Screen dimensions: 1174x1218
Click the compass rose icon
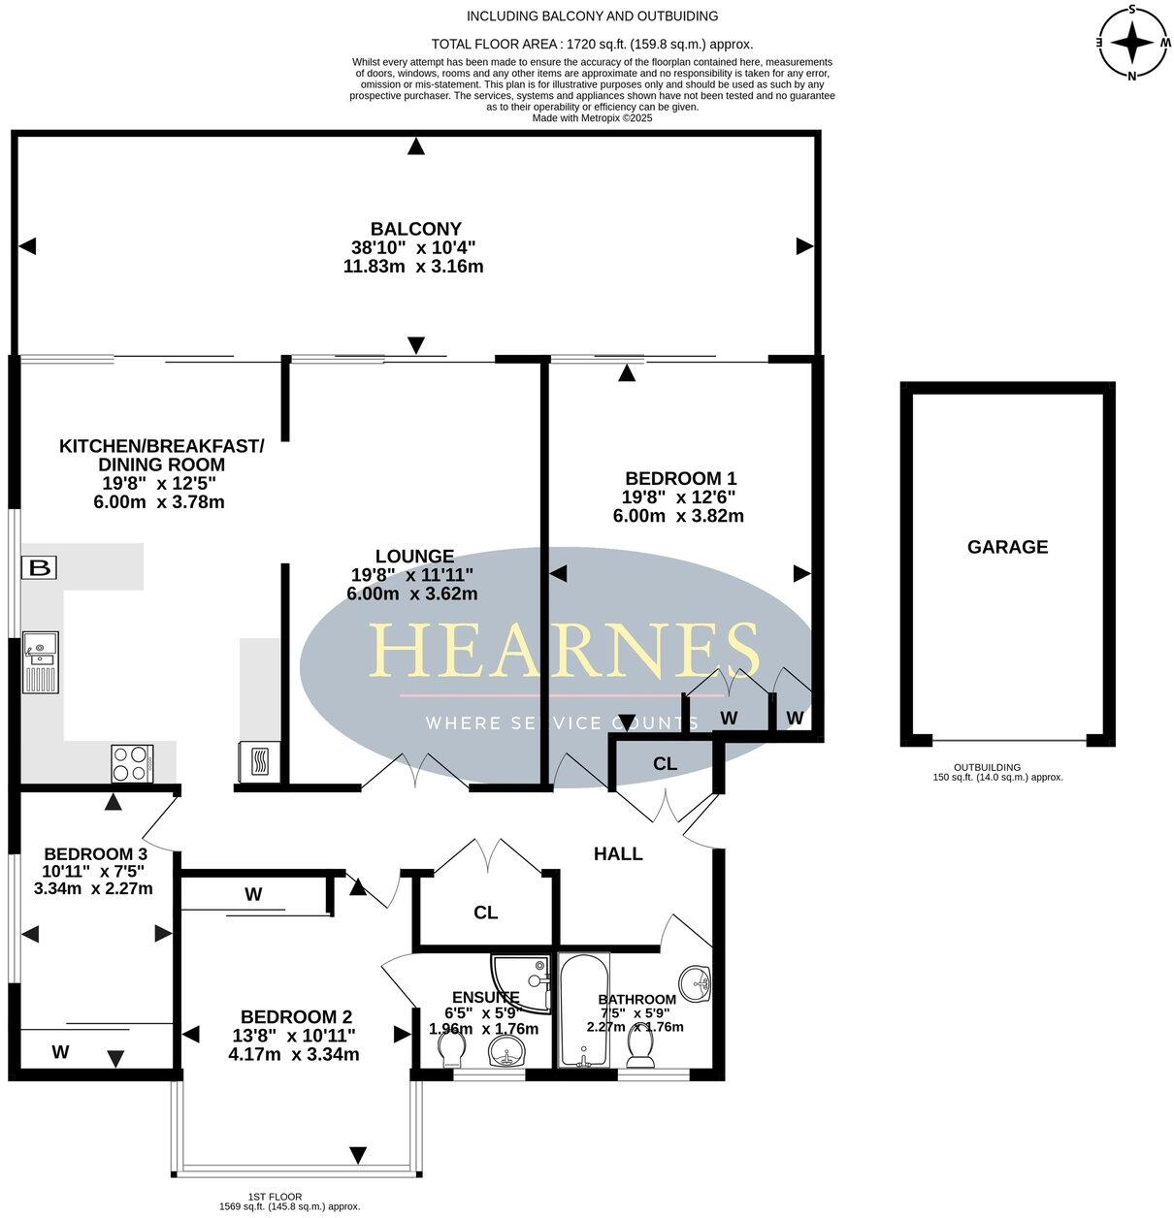[1131, 43]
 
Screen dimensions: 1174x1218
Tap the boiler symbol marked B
[40, 567]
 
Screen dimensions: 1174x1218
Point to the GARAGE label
[1007, 547]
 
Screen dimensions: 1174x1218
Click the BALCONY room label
[414, 229]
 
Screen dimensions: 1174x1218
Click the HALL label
[618, 853]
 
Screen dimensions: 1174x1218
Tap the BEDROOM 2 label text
[296, 1016]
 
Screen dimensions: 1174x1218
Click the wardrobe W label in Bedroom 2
[253, 894]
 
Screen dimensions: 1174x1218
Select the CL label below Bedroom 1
[665, 764]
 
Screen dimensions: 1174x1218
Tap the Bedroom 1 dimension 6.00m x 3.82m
[678, 516]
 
